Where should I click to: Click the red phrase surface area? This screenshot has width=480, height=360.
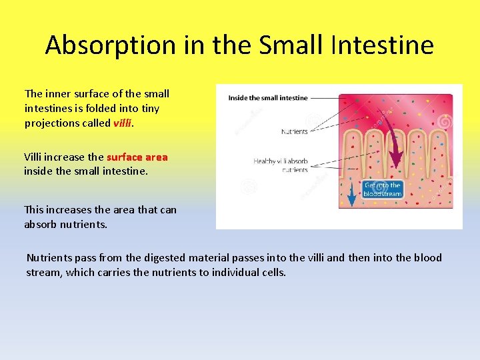click(137, 157)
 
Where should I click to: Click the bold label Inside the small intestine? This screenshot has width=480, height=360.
click(268, 98)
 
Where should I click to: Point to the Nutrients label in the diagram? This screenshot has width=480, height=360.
click(294, 132)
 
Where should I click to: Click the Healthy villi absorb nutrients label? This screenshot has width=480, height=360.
click(281, 165)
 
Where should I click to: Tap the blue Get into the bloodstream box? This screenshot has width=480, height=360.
click(382, 189)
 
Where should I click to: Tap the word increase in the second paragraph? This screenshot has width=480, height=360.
click(67, 157)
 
